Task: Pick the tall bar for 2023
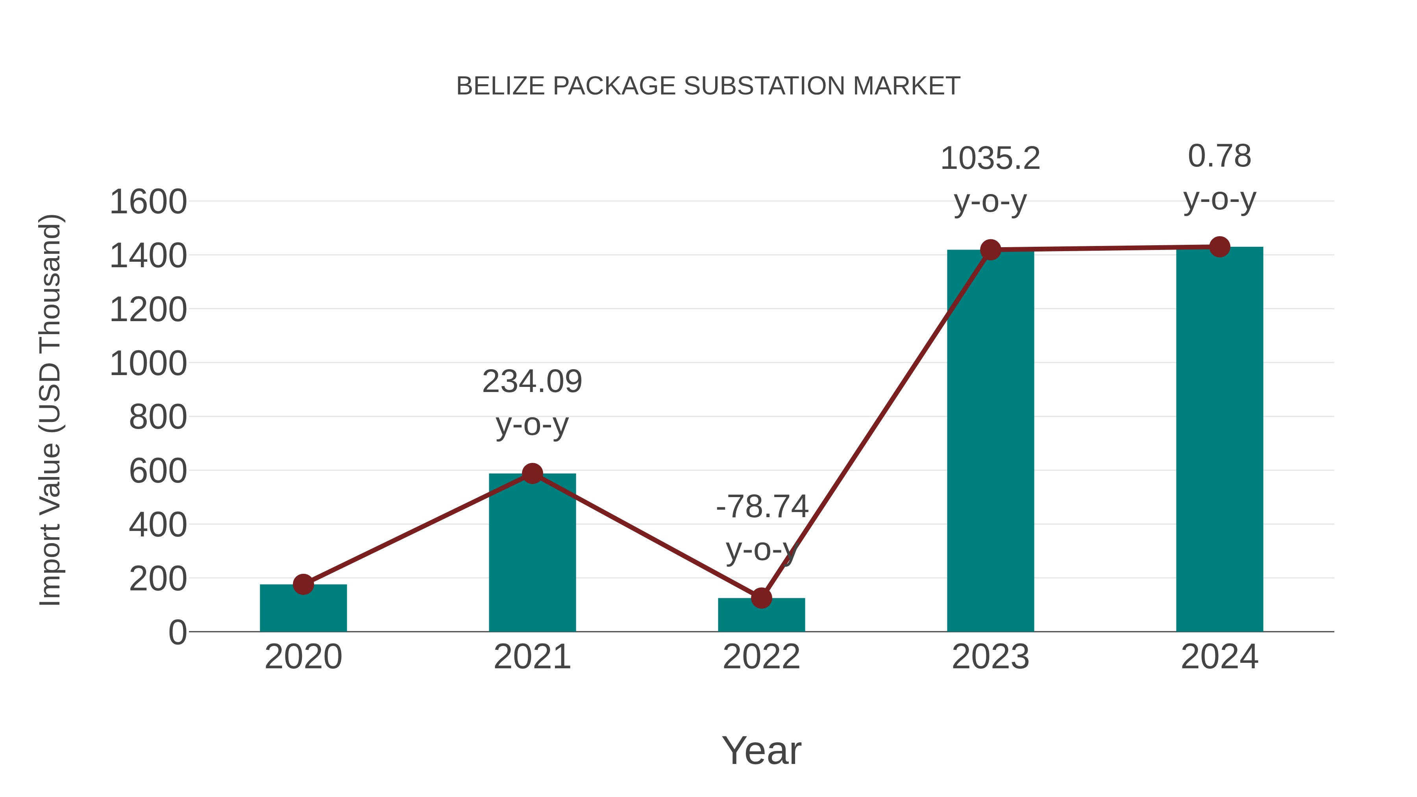pos(990,440)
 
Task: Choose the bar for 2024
pos(1219,440)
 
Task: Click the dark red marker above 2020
pos(303,584)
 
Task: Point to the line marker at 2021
pos(532,473)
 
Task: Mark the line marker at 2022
pos(761,598)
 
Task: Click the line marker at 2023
pos(990,250)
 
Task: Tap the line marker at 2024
pos(1219,247)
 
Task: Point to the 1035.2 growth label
pos(990,159)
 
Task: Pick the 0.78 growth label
pos(1219,156)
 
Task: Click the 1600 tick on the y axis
pos(148,202)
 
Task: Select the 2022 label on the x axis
pos(761,657)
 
